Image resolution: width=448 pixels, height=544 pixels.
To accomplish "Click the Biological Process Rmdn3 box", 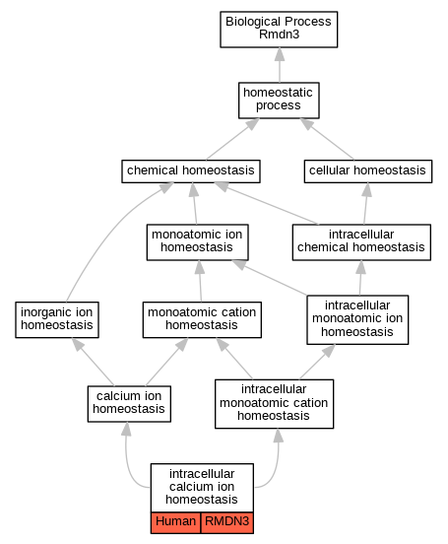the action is pos(279,30).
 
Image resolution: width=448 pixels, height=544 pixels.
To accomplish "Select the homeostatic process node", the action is pos(279,101).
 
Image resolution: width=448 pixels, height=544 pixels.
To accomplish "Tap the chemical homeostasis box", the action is pos(191,171).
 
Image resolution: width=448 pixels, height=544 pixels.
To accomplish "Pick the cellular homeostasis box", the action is pos(368,171).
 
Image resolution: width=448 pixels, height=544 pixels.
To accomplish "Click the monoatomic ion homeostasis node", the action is pos(197,242).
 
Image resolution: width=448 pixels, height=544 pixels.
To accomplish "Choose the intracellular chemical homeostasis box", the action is pos(361,242).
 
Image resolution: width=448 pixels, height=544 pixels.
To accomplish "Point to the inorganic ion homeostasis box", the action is pos(57,319).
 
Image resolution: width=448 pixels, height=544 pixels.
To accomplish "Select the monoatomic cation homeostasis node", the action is pos(202,319).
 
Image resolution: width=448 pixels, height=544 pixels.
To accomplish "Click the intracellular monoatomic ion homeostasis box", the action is pos(357,319).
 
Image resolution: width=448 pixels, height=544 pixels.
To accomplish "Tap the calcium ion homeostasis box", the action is pos(129,404).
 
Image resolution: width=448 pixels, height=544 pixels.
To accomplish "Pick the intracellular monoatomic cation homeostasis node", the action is pos(274,404).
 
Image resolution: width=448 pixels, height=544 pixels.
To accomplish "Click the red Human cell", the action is pos(175,522).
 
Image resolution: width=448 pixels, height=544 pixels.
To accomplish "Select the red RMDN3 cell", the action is pos(227,522).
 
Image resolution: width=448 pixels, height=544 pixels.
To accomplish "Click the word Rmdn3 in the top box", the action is pos(279,34).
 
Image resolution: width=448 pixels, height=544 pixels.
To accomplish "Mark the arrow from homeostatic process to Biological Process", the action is pos(280,65).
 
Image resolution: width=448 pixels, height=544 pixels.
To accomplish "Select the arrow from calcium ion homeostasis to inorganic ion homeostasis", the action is pos(93,362).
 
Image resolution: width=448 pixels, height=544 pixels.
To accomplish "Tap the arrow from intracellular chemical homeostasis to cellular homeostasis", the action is pos(366,204).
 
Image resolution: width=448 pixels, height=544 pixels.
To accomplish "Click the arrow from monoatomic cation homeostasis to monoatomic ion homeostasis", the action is pos(200,281).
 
